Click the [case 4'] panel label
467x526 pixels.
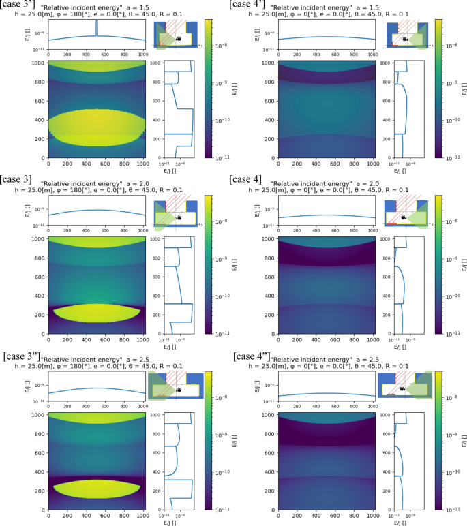tap(250, 5)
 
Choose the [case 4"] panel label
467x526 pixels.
tap(252, 355)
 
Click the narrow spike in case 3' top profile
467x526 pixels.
tap(97, 29)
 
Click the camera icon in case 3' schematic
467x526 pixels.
tap(178, 39)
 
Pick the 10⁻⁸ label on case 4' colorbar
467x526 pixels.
tap(451, 44)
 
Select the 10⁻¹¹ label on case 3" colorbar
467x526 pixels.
tap(221, 509)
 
